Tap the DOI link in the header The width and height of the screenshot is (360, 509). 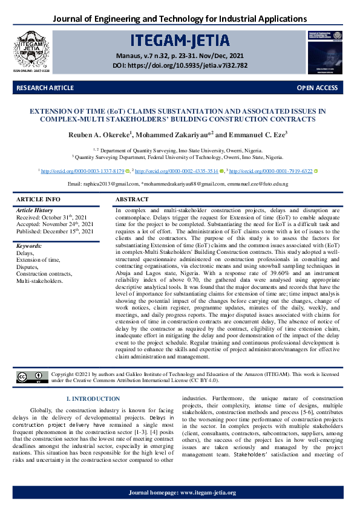coord(180,65)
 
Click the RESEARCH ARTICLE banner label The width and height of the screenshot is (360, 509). coord(45,88)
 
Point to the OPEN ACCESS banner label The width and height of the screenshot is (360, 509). coord(317,88)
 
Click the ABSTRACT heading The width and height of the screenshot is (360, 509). coord(131,199)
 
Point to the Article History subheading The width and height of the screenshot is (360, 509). coord(34,210)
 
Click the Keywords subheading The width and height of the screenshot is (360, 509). coord(29,247)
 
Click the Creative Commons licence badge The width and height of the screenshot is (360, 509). coord(31,378)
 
